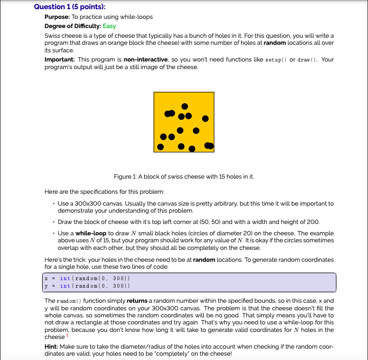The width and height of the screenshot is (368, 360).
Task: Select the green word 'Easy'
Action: [x=109, y=26]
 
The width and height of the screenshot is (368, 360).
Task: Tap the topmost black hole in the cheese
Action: [x=185, y=106]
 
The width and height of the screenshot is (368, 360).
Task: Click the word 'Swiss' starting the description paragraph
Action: [x=52, y=35]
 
